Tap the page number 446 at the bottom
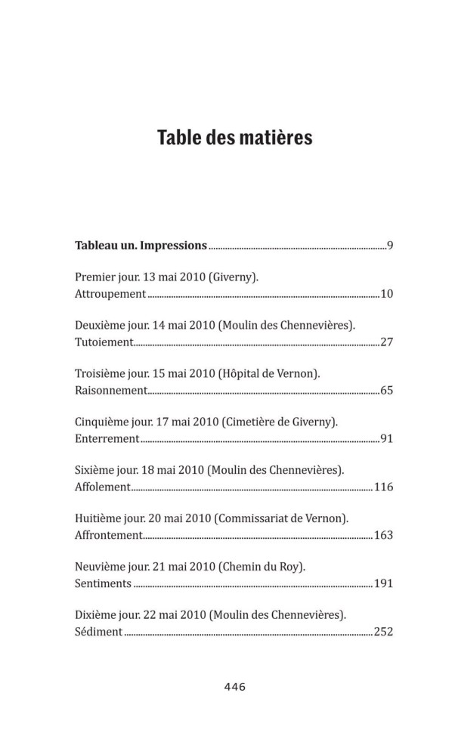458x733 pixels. coord(235,687)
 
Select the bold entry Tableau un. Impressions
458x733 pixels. coord(141,245)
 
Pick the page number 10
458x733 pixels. coord(386,293)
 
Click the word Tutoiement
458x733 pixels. coord(104,342)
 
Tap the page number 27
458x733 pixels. coord(386,342)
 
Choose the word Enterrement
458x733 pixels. coord(107,438)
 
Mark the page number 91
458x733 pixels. coord(386,438)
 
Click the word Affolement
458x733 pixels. coord(104,487)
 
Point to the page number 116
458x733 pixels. coord(383,487)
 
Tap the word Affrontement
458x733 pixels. coord(109,535)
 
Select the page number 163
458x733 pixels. coord(383,535)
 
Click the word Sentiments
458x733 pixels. coord(104,583)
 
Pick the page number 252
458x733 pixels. coord(383,632)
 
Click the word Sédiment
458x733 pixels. coord(99,632)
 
